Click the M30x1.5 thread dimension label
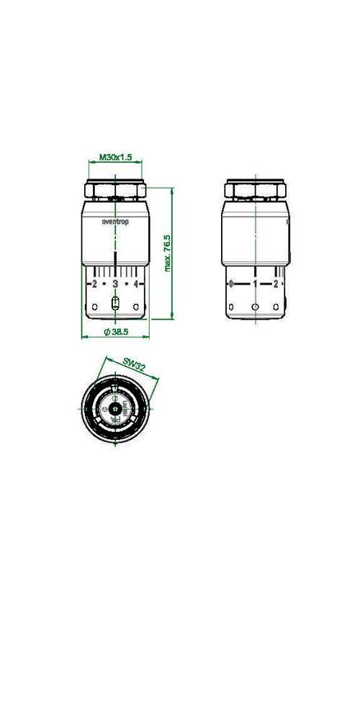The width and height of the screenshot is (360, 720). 115,156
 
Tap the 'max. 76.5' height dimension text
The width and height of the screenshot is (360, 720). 167,252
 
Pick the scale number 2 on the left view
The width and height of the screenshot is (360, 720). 94,284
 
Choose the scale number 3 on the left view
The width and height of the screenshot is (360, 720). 115,284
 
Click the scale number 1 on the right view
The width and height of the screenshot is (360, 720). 255,284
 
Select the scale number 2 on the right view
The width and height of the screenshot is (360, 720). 276,284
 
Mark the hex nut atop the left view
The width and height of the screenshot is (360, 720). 115,191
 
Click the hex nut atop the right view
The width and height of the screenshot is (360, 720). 255,191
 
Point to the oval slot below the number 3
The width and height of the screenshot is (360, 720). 115,303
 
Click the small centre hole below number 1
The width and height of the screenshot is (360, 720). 255,307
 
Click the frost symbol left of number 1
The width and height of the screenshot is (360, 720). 231,284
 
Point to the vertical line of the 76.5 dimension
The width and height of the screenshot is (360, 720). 174,252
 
